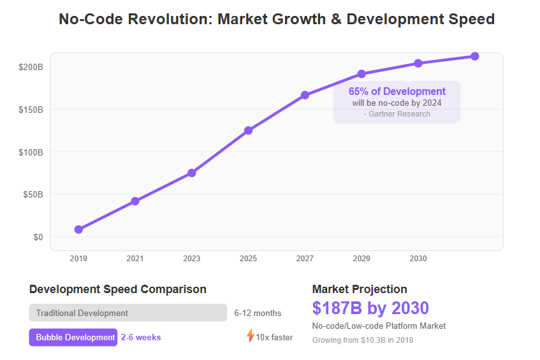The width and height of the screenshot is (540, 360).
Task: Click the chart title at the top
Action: click(x=276, y=19)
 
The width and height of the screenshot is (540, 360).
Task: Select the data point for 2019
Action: click(x=78, y=229)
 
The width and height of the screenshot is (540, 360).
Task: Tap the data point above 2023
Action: click(x=192, y=173)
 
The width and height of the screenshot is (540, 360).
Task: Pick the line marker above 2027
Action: click(x=305, y=95)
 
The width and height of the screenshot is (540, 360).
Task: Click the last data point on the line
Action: click(x=475, y=56)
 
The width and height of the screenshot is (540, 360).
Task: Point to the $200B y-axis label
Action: click(x=31, y=67)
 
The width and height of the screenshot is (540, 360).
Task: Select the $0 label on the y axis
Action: click(x=38, y=237)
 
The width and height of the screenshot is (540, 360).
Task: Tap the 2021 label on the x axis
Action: click(x=135, y=259)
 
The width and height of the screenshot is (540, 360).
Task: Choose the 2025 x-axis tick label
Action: click(x=248, y=259)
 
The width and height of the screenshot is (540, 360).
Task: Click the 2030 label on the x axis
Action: click(x=418, y=259)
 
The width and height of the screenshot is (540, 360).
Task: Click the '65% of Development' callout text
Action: click(x=397, y=92)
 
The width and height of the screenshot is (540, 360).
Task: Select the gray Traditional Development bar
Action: click(x=128, y=313)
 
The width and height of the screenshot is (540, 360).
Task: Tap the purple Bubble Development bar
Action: click(x=73, y=337)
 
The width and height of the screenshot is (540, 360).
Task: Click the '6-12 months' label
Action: click(x=258, y=313)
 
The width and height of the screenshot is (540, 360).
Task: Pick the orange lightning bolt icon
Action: click(x=251, y=336)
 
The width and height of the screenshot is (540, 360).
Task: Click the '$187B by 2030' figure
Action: click(x=370, y=308)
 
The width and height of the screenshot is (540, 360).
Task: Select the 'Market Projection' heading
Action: click(x=360, y=289)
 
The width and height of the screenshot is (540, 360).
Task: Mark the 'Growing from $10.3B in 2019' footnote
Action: click(x=363, y=340)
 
